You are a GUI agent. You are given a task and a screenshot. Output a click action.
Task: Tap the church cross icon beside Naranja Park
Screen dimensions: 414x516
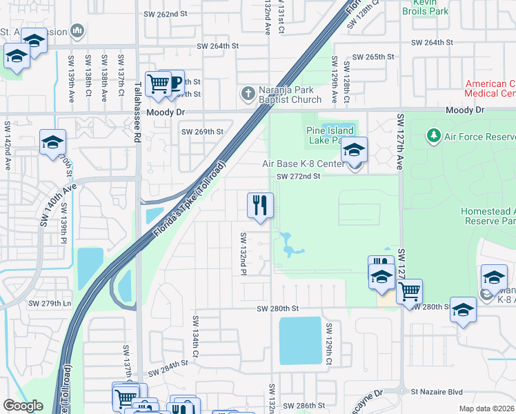click(x=248, y=93)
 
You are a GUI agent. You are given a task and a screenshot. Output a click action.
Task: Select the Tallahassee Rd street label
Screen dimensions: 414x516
click(x=137, y=110)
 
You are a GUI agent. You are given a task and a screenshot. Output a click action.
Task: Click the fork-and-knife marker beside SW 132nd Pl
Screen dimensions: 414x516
click(x=260, y=206)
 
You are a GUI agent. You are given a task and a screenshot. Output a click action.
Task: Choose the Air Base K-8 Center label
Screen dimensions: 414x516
click(x=303, y=164)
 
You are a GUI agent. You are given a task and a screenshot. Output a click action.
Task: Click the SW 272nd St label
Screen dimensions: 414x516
click(x=299, y=177)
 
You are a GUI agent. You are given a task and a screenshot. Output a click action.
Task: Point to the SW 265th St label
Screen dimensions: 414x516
click(x=373, y=57)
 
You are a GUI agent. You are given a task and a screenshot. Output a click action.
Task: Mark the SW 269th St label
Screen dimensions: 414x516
click(x=202, y=131)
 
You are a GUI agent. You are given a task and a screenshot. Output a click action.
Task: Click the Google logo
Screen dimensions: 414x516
click(x=23, y=406)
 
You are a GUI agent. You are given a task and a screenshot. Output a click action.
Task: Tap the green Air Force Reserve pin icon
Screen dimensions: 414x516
click(x=434, y=136)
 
